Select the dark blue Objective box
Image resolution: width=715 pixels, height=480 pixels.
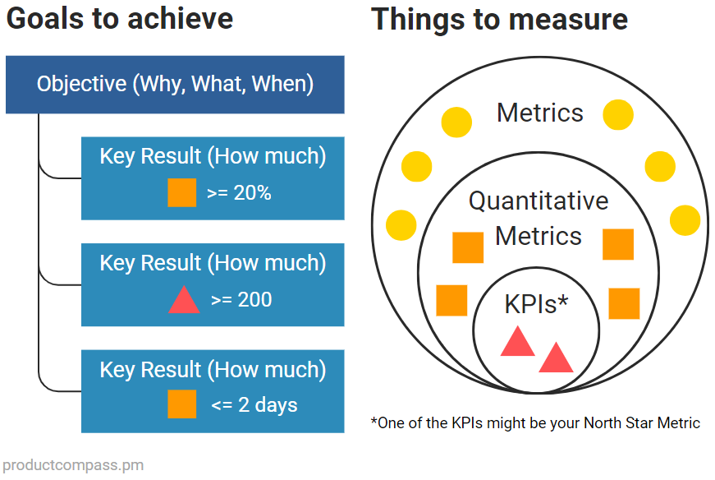point(175,84)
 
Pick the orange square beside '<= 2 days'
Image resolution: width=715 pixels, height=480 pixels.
point(182,404)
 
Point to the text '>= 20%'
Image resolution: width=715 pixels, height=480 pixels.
point(239,193)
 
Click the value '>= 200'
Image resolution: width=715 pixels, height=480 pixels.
point(241,300)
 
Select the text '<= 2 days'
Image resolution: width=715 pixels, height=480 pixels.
point(254,405)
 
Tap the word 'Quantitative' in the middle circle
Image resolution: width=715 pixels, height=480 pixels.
point(539,201)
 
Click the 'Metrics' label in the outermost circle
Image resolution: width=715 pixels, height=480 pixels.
point(540,113)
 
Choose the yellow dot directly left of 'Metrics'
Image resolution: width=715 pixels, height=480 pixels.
point(456,122)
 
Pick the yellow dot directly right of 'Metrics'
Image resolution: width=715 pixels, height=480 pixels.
point(618,115)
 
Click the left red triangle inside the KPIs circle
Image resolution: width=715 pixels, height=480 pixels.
point(517,342)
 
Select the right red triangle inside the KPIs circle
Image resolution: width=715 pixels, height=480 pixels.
point(556,358)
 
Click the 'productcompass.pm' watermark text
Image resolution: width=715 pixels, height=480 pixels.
point(72,465)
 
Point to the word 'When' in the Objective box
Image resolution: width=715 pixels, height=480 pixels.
point(279,84)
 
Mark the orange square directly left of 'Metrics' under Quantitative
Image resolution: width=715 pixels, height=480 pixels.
point(468,247)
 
